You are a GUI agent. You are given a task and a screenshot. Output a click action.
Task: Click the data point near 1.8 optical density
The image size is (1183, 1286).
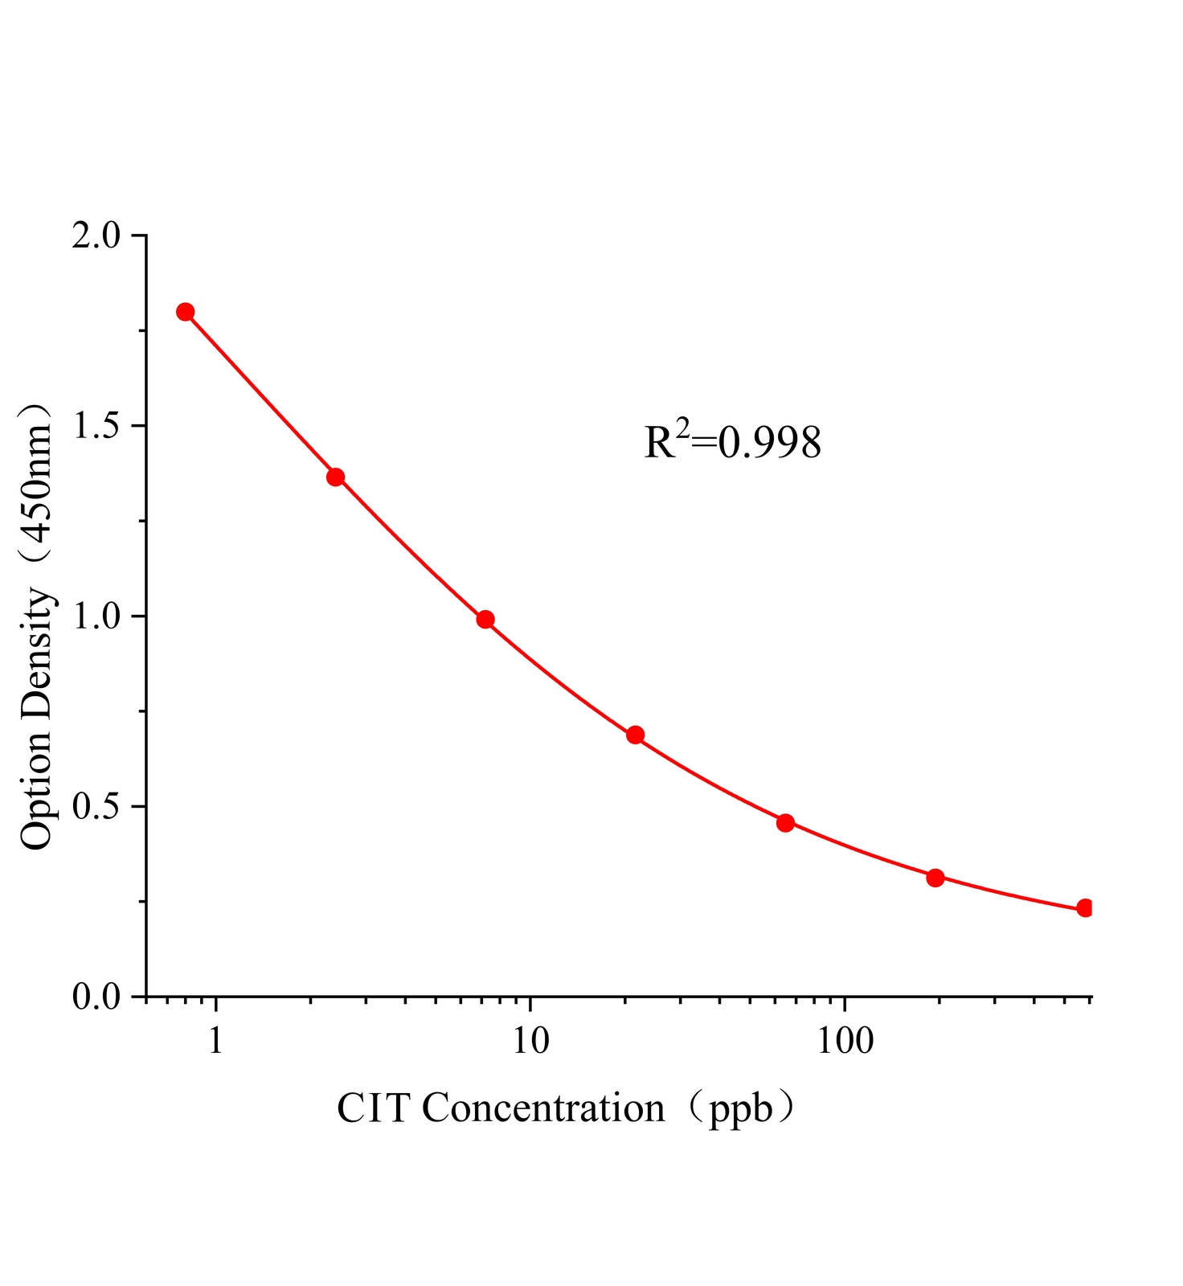pyautogui.click(x=186, y=312)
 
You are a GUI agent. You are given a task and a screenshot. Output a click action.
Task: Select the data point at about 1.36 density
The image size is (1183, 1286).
pyautogui.click(x=336, y=477)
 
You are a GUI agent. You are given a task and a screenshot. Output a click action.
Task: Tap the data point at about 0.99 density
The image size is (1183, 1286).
pyautogui.click(x=485, y=619)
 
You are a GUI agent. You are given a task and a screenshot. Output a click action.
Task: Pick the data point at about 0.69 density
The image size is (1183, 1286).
pyautogui.click(x=636, y=735)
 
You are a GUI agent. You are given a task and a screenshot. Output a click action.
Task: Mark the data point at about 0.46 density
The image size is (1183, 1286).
pyautogui.click(x=786, y=822)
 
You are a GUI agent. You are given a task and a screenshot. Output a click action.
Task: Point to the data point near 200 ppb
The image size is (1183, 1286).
pyautogui.click(x=935, y=878)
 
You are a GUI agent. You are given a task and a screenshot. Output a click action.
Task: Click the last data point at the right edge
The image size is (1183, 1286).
pyautogui.click(x=1085, y=908)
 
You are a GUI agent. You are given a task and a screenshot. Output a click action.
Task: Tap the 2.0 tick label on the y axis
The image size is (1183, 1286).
pyautogui.click(x=95, y=236)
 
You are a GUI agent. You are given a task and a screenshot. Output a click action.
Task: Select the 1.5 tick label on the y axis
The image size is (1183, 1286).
pyautogui.click(x=95, y=426)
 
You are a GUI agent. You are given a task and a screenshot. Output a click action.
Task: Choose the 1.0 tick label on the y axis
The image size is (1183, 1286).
pyautogui.click(x=95, y=616)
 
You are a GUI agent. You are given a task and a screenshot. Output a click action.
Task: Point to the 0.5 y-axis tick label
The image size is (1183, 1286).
pyautogui.click(x=95, y=806)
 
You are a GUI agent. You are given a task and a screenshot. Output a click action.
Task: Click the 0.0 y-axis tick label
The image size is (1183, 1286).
pyautogui.click(x=95, y=997)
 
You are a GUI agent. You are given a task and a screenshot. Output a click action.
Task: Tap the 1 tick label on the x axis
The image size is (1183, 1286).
pyautogui.click(x=215, y=1041)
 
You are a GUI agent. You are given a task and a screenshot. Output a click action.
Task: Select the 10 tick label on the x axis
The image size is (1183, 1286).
pyautogui.click(x=530, y=1041)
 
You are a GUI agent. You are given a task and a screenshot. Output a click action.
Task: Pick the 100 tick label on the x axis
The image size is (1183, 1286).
pyautogui.click(x=844, y=1041)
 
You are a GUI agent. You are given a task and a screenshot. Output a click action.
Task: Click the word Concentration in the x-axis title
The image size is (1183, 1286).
pyautogui.click(x=543, y=1109)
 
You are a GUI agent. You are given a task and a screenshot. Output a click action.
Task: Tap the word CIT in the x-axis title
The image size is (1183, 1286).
pyautogui.click(x=375, y=1109)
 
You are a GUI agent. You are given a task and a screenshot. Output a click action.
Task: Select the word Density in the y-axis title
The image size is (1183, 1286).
pyautogui.click(x=37, y=653)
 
